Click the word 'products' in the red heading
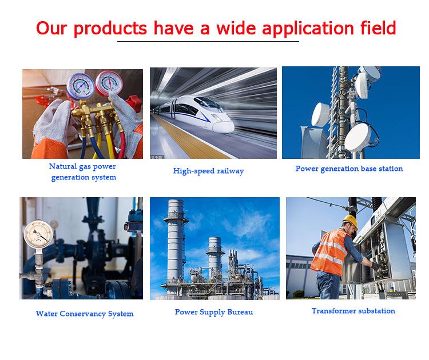tap(110, 29)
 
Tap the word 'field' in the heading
tap(378, 27)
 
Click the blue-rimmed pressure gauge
tap(81, 86)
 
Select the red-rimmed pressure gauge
tap(109, 83)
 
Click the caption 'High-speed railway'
tap(208, 171)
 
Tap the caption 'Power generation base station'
tap(349, 169)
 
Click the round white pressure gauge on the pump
tap(38, 234)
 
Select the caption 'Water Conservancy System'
tap(85, 314)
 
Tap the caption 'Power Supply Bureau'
tap(214, 312)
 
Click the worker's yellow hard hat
tap(350, 221)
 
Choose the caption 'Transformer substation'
tap(353, 311)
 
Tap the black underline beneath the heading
tap(208, 42)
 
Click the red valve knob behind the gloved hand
tap(134, 103)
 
